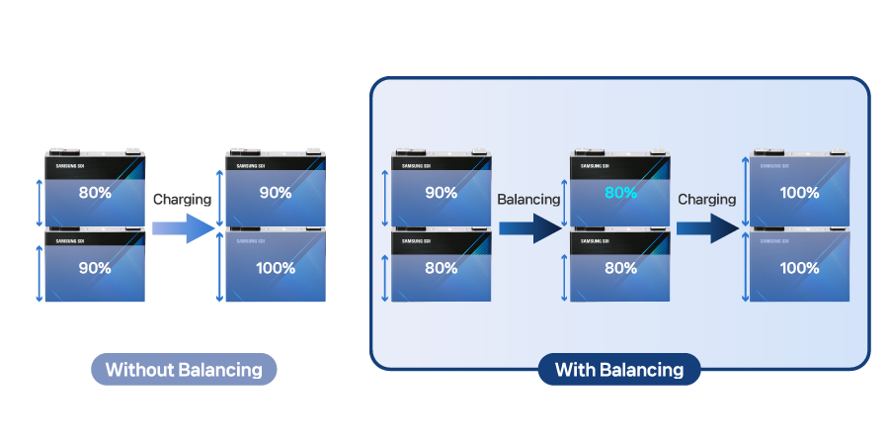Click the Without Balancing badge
pos(184,370)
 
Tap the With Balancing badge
pos(619,370)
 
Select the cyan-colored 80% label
pos(620,193)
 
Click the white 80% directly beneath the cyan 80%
pos(620,268)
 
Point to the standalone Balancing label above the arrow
pos(528,199)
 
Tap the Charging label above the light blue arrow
pos(183,199)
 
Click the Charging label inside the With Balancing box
pos(706,199)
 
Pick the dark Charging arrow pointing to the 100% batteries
pos(708,230)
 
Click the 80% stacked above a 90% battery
pos(95,193)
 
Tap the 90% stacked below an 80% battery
pos(95,268)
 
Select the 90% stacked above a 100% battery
pos(276,193)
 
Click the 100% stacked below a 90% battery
pos(276,268)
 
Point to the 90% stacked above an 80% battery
pos(441,193)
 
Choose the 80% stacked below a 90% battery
pos(441,268)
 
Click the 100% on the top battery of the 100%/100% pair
pos(799,193)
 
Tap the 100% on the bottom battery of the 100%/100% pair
pos(799,268)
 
